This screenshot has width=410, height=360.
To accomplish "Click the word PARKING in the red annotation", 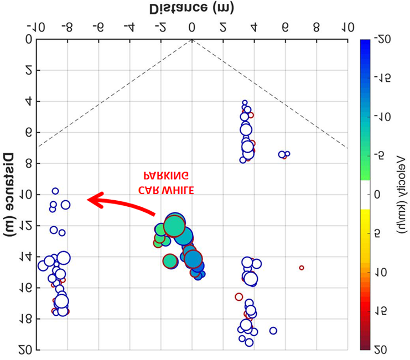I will (x=165, y=176).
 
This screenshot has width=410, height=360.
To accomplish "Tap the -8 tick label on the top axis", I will (x=68, y=26).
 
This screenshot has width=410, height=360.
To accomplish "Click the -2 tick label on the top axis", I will (x=161, y=26).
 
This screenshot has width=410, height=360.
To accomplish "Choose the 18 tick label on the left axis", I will (x=27, y=319).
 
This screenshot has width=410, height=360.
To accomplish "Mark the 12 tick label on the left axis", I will (x=27, y=226).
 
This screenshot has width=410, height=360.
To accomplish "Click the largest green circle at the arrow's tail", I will (x=174, y=226).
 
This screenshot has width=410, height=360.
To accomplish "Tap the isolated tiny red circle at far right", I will (x=302, y=268).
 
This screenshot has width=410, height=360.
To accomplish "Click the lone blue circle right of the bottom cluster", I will (x=273, y=331).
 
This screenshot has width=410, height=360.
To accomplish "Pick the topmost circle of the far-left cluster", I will (x=55, y=191).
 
